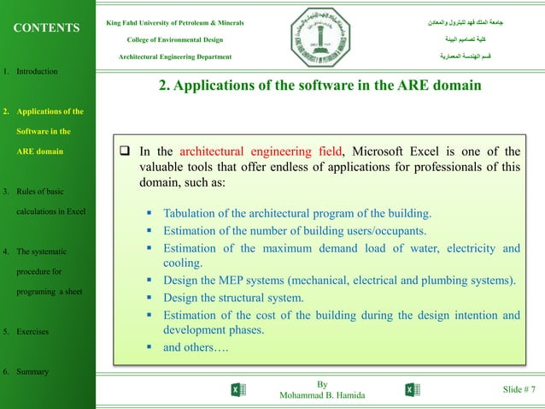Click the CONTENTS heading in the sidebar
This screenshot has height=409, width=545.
46,27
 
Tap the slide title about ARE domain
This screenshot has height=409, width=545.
320,86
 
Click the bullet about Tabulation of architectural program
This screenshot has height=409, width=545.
297,212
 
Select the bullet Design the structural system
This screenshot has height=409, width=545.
233,298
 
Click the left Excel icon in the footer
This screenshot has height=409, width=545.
238,390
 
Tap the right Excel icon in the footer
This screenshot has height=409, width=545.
412,390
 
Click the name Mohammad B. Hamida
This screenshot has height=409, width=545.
321,396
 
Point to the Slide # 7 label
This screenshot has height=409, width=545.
519,390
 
